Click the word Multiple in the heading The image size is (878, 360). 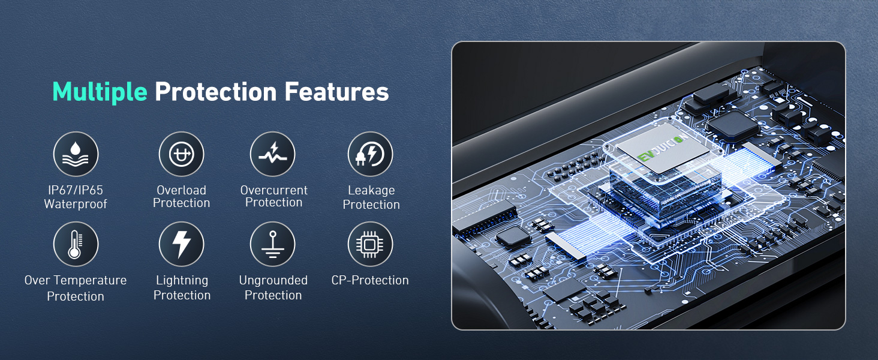point(100,92)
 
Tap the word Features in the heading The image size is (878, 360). point(336,92)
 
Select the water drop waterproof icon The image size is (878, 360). point(76,154)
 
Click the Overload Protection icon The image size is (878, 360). point(182,154)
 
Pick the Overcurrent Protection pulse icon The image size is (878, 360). point(273,154)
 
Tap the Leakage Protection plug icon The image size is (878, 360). point(371,154)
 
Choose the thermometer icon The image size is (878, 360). point(76,244)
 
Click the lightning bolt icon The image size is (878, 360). point(182,244)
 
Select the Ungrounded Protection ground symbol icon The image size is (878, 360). point(273,244)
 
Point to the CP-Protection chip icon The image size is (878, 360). point(371,244)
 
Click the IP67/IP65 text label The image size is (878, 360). point(75,190)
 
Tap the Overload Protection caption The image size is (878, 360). point(182,196)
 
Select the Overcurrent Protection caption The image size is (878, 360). point(274,196)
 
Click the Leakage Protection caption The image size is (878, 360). point(371,197)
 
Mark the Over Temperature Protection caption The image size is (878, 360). point(76,288)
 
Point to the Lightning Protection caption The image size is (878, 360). point(182,287)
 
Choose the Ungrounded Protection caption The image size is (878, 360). point(273,287)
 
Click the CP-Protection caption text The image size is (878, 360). point(370,280)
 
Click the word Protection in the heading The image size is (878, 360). point(216,92)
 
